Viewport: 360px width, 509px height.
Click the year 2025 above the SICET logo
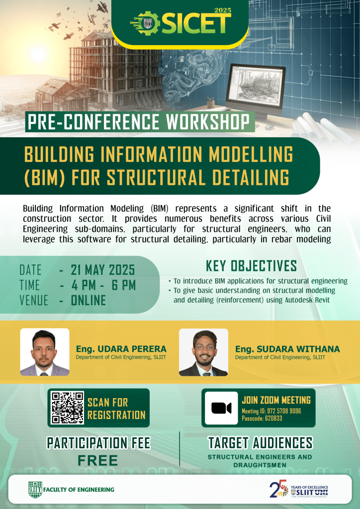pyautogui.click(x=223, y=10)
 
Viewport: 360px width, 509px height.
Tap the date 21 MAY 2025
pyautogui.click(x=102, y=270)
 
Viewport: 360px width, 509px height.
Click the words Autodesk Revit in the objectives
pyautogui.click(x=307, y=300)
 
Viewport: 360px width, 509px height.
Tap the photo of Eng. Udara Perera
pyautogui.click(x=45, y=352)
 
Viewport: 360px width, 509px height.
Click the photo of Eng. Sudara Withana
pyautogui.click(x=203, y=352)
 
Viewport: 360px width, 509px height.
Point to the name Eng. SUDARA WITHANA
pyautogui.click(x=287, y=349)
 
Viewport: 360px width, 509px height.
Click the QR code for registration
pyautogui.click(x=68, y=408)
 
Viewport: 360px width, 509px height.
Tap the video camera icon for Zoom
pyautogui.click(x=221, y=408)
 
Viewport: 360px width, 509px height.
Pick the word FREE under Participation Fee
pyautogui.click(x=98, y=461)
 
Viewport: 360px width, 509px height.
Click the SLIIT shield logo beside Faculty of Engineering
pyautogui.click(x=35, y=490)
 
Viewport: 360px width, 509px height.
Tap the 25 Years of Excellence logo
pyautogui.click(x=299, y=489)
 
